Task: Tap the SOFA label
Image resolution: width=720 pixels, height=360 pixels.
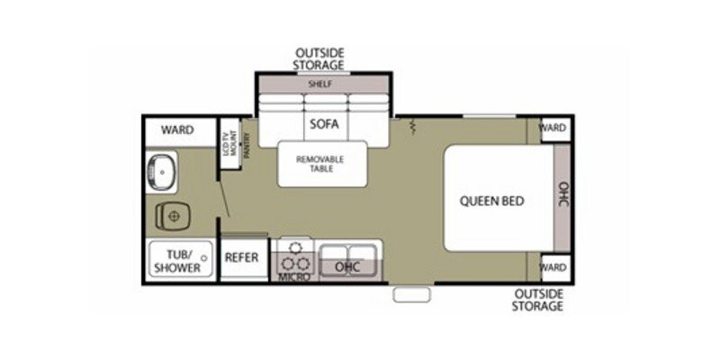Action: point(322,123)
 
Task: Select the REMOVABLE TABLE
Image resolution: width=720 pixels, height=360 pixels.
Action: point(322,164)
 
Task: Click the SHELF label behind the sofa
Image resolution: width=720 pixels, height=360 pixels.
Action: point(320,84)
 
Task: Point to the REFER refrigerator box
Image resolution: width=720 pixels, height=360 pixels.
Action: point(241,258)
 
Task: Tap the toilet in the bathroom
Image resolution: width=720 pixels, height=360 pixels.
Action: point(173,216)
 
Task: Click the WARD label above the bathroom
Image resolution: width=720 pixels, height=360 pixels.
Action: point(177,129)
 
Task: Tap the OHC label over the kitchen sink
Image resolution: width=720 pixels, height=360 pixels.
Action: point(346,267)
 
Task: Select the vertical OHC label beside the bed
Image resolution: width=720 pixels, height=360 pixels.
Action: point(563,195)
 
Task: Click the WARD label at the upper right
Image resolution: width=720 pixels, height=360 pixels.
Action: point(553,128)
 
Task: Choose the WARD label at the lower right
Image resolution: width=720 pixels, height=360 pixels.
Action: point(553,267)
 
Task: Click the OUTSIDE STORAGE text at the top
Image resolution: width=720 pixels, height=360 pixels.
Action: point(319,58)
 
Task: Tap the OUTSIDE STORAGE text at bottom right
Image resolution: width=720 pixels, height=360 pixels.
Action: point(539,300)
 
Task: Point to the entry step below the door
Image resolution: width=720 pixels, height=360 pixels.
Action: point(412,294)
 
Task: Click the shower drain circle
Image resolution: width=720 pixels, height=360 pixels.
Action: point(204,258)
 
